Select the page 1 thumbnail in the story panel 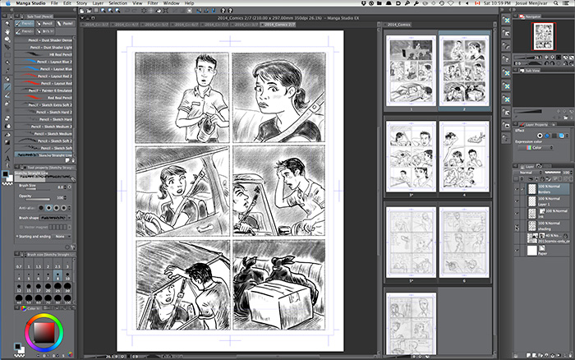coord(409,71)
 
